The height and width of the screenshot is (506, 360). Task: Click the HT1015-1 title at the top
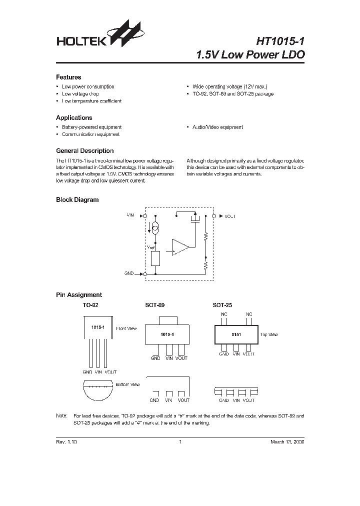tap(273, 40)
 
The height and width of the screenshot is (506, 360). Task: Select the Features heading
tap(68, 77)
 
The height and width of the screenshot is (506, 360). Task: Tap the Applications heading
tap(73, 118)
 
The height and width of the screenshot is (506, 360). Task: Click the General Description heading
tap(84, 151)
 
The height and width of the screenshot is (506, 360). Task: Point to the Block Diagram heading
tap(77, 200)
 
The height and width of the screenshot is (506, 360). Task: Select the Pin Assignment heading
tap(78, 295)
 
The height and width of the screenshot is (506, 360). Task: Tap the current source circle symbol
tap(155, 229)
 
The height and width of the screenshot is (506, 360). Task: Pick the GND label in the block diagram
tap(129, 274)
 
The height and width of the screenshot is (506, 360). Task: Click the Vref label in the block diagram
tap(151, 247)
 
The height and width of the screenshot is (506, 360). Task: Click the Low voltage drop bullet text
tap(80, 94)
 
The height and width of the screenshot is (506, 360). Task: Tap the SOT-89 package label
tap(155, 304)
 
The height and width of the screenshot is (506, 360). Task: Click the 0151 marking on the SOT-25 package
tap(236, 334)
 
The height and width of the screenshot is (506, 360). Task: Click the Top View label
tap(269, 334)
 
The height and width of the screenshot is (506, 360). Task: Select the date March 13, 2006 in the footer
tap(287, 442)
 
